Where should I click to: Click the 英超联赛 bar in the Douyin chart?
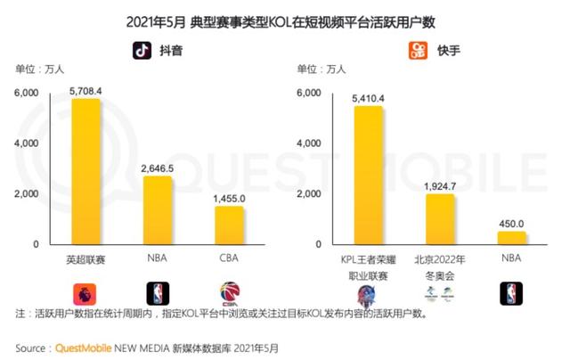click(86, 171)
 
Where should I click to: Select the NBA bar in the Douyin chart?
click(157, 209)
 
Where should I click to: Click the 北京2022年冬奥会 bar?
click(440, 218)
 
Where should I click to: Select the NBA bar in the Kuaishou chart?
click(511, 237)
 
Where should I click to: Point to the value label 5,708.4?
click(86, 90)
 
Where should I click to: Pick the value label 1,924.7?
click(440, 185)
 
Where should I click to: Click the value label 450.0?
click(511, 223)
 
